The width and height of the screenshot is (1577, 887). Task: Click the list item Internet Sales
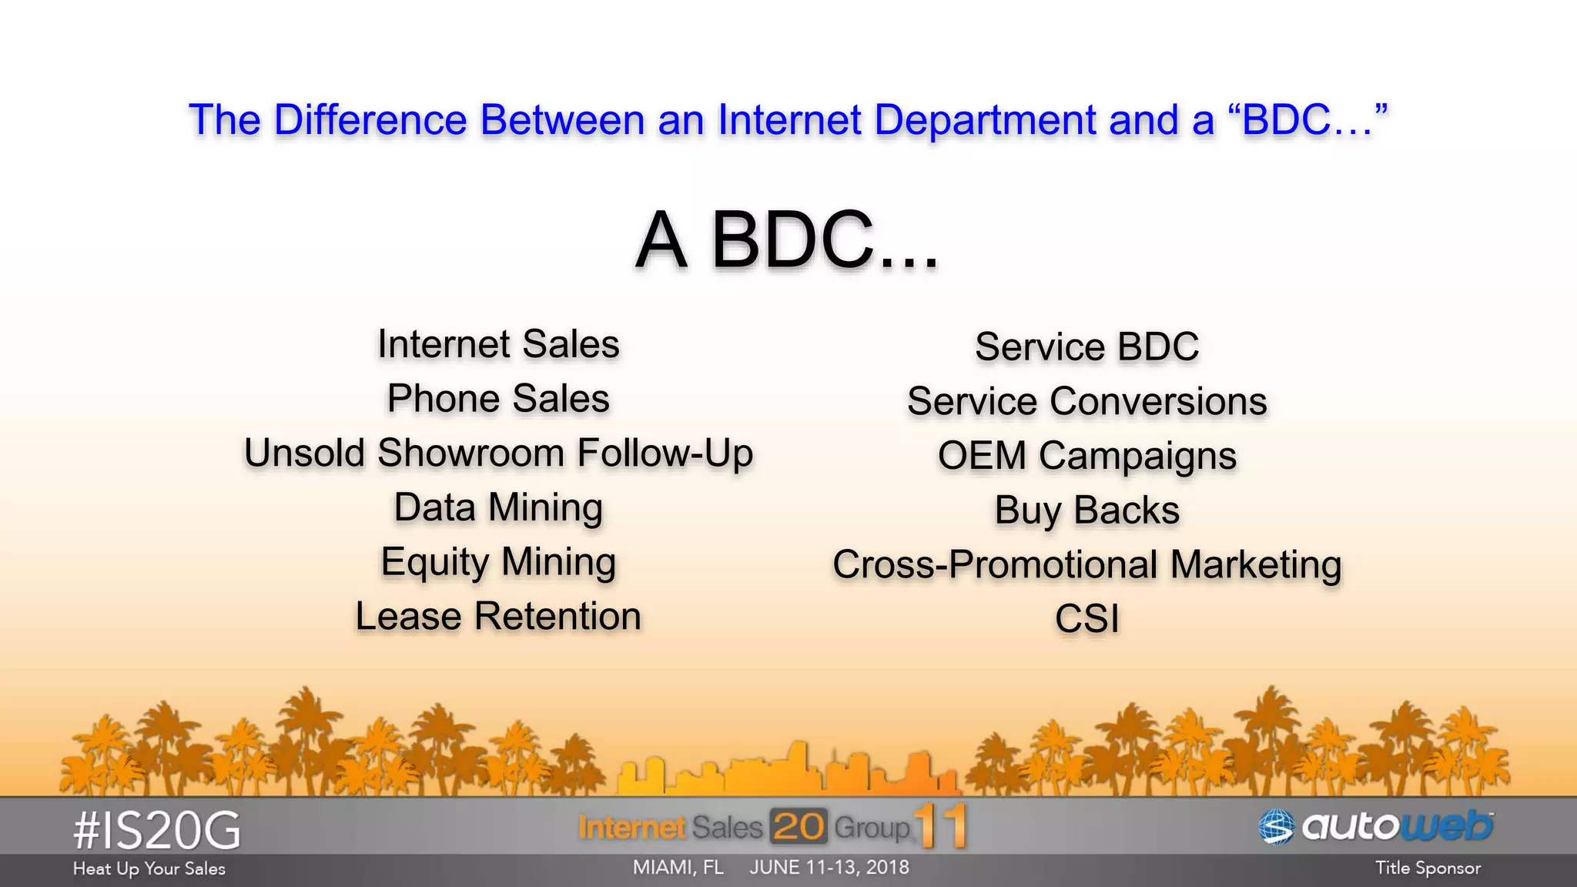pos(498,344)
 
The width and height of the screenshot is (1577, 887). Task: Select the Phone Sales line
pos(498,399)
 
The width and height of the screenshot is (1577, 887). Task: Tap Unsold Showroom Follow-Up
pos(498,454)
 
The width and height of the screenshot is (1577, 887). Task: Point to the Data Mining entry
pos(498,508)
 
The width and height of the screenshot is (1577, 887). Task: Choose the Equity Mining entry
pos(498,563)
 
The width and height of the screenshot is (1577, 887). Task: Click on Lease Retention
pos(498,617)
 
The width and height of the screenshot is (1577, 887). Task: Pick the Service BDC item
pos(1086,347)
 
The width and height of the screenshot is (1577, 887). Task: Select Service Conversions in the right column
pos(1086,402)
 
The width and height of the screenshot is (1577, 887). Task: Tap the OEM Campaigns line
pos(1086,456)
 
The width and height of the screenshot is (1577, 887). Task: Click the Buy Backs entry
pos(1086,510)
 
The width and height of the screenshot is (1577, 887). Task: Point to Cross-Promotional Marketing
pos(1086,565)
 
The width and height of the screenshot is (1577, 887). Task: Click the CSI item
pos(1086,619)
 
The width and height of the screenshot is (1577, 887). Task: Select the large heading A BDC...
pos(787,240)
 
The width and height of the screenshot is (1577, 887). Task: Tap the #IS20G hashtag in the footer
pos(157,831)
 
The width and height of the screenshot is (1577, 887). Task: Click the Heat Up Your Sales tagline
pos(149,869)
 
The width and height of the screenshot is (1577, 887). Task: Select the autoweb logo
pos(1376,827)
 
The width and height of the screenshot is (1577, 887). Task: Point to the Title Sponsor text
pos(1428,868)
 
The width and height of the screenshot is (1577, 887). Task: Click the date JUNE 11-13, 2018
pos(829,867)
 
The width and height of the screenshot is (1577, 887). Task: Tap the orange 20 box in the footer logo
pos(799,827)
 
